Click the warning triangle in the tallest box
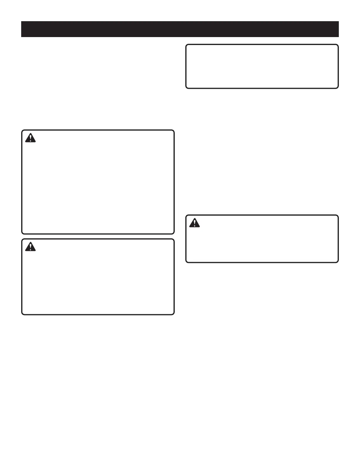30,138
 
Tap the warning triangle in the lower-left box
30,247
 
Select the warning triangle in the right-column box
194,223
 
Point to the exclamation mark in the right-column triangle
194,223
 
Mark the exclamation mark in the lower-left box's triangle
30,247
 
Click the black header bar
180,29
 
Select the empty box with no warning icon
262,66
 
